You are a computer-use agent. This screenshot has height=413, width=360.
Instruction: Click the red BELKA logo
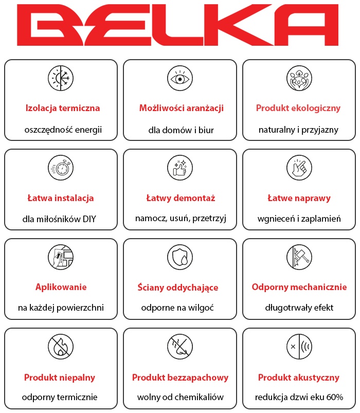[x=180, y=26]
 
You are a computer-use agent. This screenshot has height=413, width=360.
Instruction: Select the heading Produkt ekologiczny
[x=298, y=108]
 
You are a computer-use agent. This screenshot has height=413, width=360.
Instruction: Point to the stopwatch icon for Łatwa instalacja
[x=61, y=168]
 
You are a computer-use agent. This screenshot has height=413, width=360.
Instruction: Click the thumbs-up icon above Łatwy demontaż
[x=180, y=168]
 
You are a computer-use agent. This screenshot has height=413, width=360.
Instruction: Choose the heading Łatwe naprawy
[x=299, y=198]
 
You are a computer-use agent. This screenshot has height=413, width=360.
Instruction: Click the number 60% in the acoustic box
[x=333, y=397]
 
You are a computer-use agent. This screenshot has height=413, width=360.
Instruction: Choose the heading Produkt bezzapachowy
[x=180, y=378]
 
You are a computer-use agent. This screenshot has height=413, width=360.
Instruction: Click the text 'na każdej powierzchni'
[x=61, y=308]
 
